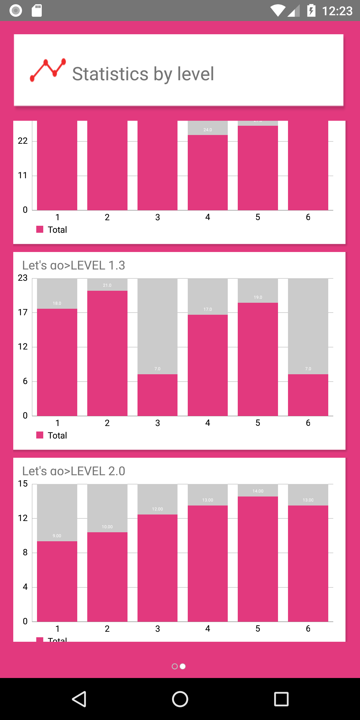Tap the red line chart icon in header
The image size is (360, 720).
[48, 70]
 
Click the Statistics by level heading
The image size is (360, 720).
[143, 74]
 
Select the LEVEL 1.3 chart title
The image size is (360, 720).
[73, 265]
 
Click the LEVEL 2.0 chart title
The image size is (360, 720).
[73, 471]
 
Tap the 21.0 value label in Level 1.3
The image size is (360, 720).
[107, 285]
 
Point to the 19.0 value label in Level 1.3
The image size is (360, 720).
[258, 297]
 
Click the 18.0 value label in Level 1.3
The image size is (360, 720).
[57, 303]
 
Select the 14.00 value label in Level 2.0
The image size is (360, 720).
[258, 491]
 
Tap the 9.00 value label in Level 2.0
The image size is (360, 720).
[57, 536]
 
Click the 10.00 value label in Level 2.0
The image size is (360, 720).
[107, 527]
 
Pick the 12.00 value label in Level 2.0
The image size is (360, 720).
[157, 509]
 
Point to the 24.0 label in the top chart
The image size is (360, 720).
[207, 130]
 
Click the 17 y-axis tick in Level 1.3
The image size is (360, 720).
[23, 312]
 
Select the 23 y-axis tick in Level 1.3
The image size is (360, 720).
[23, 278]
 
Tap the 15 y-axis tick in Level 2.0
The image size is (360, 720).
[23, 483]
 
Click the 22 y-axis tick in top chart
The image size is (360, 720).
[23, 141]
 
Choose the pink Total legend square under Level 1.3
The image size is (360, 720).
[40, 435]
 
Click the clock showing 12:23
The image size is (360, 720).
[337, 11]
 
